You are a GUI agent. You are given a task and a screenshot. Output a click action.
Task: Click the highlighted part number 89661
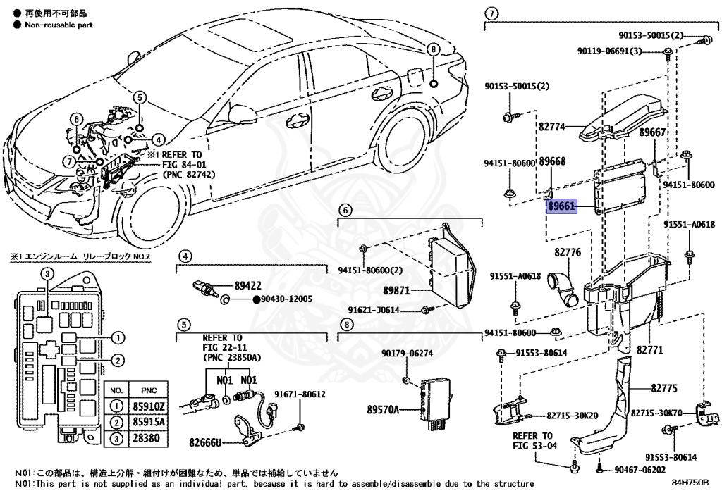click(562, 206)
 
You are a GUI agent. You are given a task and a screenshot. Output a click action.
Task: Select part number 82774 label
click(552, 127)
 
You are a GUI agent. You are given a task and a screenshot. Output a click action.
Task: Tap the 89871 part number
click(397, 290)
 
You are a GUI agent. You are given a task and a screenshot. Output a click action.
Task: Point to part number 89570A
click(383, 409)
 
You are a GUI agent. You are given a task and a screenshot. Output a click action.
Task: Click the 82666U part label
click(206, 443)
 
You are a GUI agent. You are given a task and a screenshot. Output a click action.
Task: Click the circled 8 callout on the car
click(433, 49)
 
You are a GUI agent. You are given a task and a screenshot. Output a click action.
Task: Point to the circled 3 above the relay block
click(45, 273)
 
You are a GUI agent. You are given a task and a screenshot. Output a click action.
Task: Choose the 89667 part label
click(652, 132)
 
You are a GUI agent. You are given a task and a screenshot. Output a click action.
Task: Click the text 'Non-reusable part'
click(59, 25)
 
